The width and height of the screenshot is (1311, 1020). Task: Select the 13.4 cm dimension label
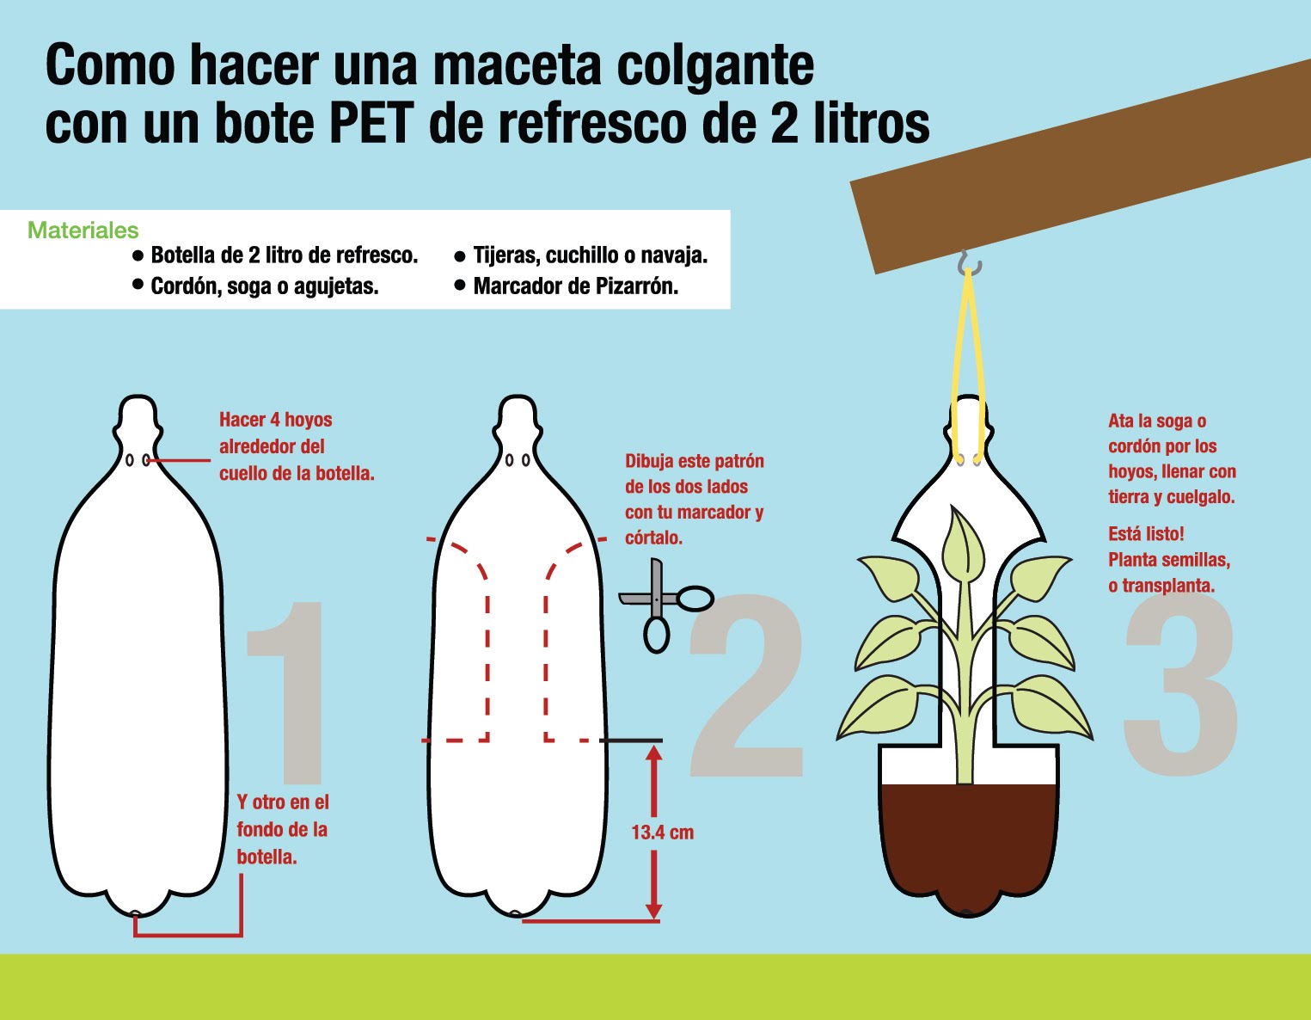coord(662,833)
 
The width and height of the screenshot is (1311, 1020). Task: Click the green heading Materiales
coord(83,230)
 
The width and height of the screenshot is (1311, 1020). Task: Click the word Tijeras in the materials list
coord(506,255)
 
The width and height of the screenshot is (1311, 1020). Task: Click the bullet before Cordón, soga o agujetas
coord(138,285)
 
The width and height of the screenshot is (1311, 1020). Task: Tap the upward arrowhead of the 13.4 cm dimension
coord(653,754)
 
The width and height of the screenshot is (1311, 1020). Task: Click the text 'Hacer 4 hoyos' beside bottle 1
coord(275,420)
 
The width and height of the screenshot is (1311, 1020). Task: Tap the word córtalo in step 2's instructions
coord(653,538)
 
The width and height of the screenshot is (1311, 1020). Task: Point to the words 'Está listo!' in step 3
coord(1146,534)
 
